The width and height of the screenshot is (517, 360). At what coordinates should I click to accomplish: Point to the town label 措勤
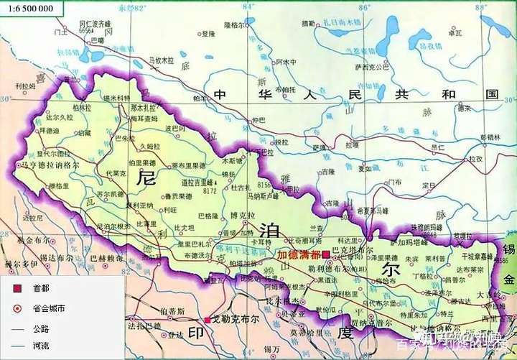tap(309, 23)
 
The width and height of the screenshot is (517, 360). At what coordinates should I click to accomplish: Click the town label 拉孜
tap(474, 158)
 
